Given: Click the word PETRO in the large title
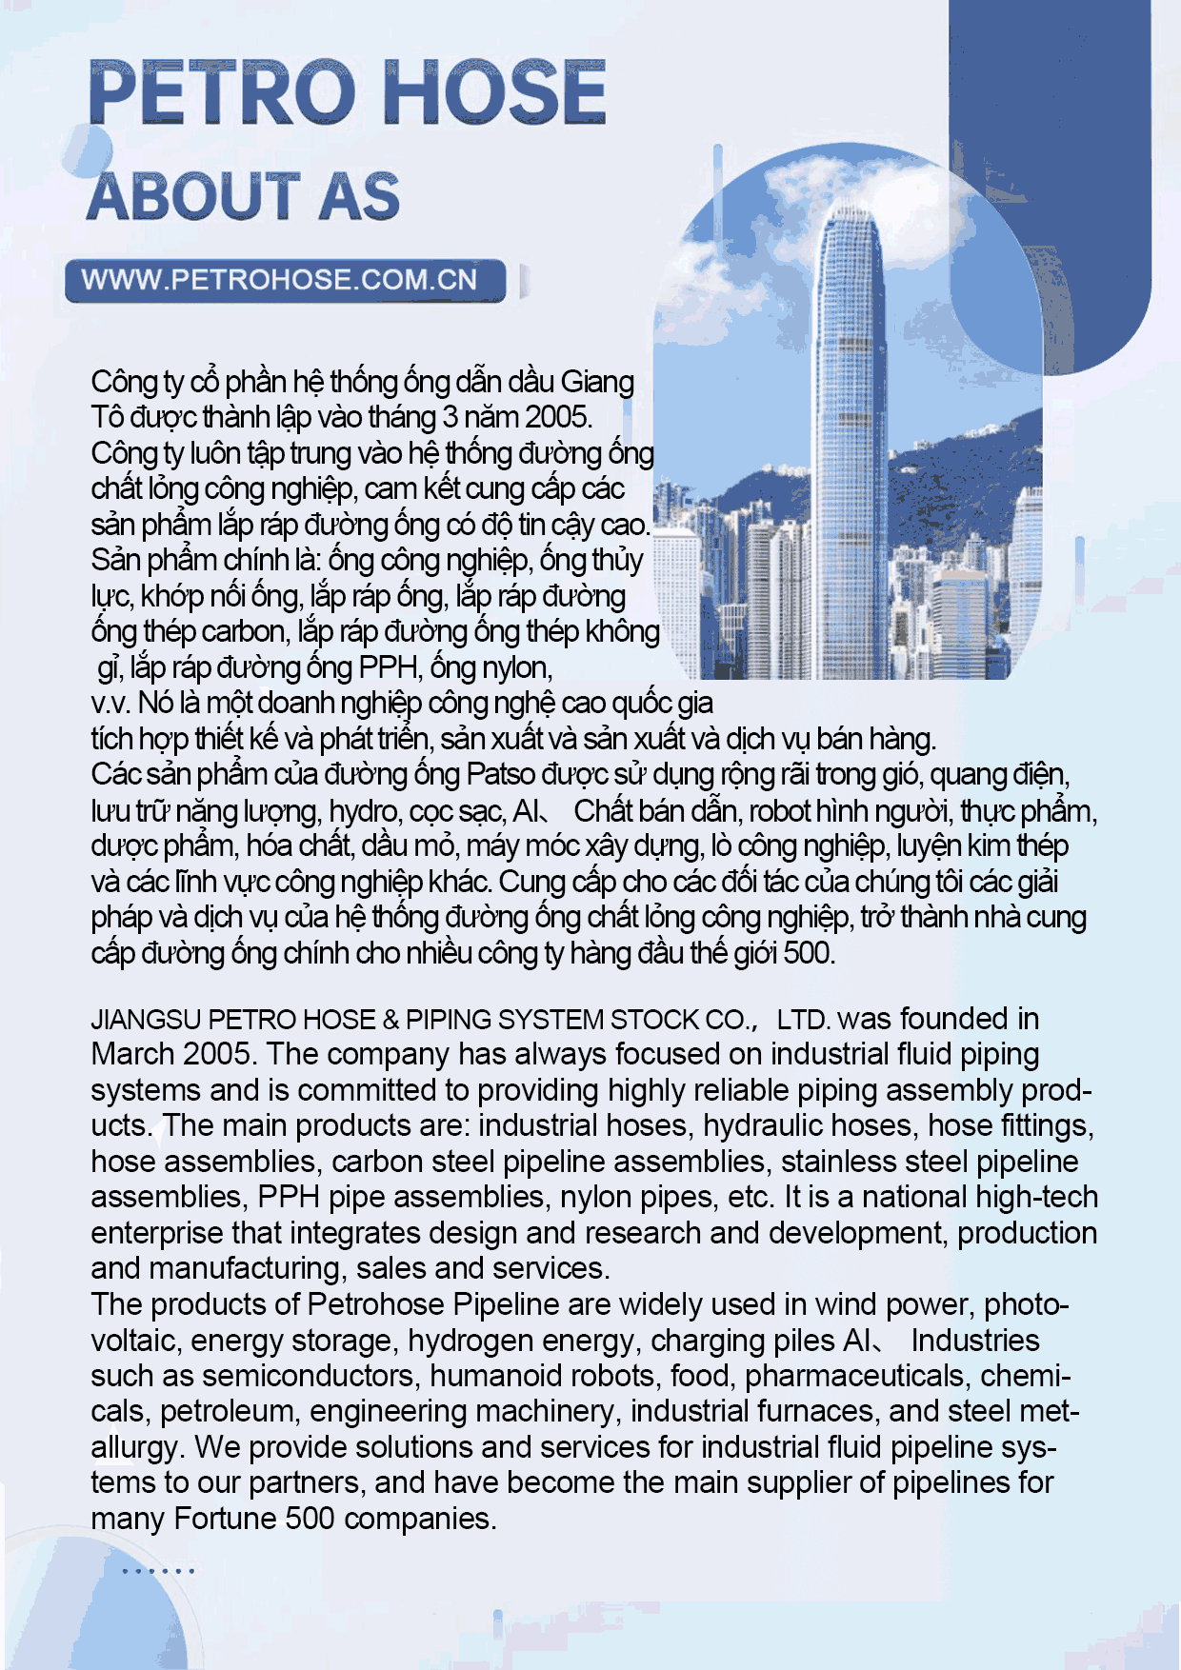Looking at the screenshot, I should (x=221, y=92).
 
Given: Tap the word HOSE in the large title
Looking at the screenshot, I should (x=496, y=92).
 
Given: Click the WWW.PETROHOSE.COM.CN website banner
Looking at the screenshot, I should (x=280, y=280).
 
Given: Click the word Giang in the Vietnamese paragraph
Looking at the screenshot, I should (x=597, y=382).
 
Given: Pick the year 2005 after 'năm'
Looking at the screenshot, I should (x=557, y=417).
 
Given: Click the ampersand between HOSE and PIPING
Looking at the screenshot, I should (x=390, y=1020).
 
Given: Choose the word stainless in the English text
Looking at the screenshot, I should (x=841, y=1162).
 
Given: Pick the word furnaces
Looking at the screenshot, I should (x=814, y=1411).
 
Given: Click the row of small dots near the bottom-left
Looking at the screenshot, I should (x=158, y=1571).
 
